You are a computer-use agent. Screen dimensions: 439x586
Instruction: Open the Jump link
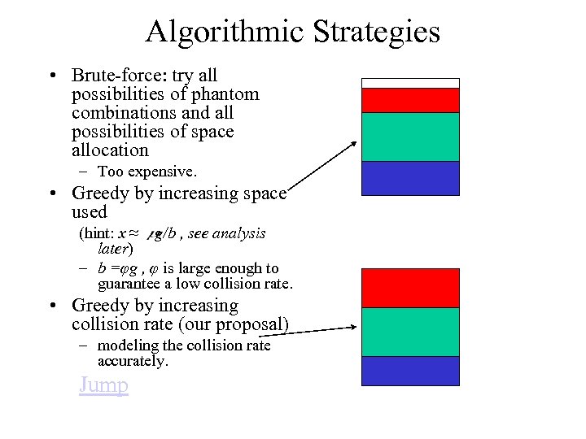tap(103, 385)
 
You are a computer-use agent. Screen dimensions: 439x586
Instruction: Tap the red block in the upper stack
tap(410, 100)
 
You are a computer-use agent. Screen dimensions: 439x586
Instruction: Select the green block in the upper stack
tap(410, 137)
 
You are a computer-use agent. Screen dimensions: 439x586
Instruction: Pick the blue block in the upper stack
tap(410, 178)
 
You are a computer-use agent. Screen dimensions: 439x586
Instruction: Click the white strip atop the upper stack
tap(410, 83)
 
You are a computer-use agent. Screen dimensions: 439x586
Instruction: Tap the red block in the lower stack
tap(410, 288)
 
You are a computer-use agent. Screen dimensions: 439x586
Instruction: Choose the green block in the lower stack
tap(410, 332)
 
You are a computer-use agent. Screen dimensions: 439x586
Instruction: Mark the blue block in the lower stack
tap(410, 371)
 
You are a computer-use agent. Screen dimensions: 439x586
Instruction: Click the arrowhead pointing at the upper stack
tap(353, 145)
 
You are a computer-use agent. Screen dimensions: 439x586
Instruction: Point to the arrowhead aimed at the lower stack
tap(354, 328)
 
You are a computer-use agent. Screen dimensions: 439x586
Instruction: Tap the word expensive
tap(163, 172)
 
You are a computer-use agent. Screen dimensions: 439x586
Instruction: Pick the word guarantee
tap(130, 284)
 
